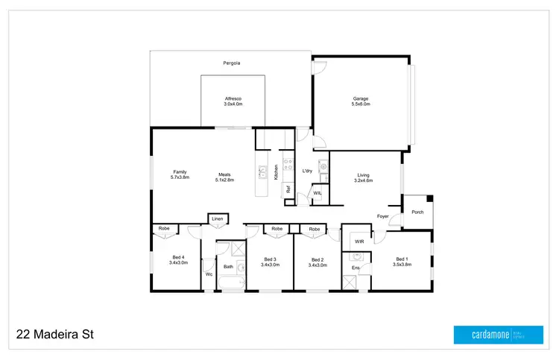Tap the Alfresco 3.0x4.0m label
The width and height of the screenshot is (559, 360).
tap(233, 101)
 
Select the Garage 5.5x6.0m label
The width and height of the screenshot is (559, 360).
tap(361, 101)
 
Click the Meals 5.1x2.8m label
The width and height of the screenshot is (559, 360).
tap(224, 177)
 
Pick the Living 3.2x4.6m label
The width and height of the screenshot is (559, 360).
tap(363, 177)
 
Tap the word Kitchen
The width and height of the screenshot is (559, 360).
tap(276, 172)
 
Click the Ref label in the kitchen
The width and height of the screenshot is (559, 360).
tap(288, 189)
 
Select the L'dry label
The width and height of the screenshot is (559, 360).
tap(307, 171)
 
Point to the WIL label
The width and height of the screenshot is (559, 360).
tap(318, 193)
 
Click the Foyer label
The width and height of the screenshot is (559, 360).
tap(383, 216)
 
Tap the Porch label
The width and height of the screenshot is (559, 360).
tap(417, 212)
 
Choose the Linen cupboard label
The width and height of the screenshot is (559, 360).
tap(217, 218)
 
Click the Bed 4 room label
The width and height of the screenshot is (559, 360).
tap(177, 261)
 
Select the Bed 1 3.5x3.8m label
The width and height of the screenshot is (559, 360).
tap(402, 261)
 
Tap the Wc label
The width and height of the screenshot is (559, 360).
tap(209, 274)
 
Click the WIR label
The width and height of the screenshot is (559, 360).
tap(359, 241)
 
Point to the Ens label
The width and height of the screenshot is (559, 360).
tap(356, 267)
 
